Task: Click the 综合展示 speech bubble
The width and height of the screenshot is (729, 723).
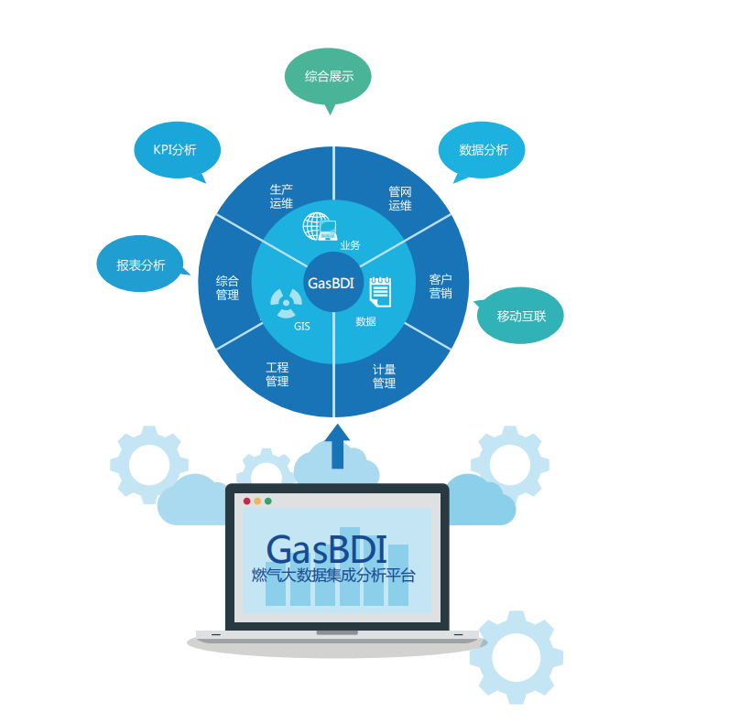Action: pos(328,76)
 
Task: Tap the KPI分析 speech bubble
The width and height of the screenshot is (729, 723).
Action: pos(177,150)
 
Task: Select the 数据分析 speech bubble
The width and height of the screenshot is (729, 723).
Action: pos(482,149)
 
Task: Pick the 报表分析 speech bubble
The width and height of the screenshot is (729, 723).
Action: pos(140,264)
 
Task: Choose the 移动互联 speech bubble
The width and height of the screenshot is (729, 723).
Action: pos(520,316)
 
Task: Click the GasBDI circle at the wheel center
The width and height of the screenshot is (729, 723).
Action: pos(332,283)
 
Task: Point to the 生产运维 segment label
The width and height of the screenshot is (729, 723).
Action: pos(281,197)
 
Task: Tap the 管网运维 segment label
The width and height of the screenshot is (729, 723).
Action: pos(400,199)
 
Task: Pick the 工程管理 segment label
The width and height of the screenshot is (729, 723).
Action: pos(277,374)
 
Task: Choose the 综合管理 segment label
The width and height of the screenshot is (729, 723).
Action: pos(227,288)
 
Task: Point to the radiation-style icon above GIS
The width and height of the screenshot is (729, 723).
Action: pos(286,299)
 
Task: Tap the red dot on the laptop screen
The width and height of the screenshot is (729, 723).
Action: pos(246,501)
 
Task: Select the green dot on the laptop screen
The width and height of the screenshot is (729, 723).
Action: pos(268,501)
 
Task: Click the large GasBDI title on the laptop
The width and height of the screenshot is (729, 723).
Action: pos(326,548)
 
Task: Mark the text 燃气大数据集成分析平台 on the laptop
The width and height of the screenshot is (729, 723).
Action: pos(333,576)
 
